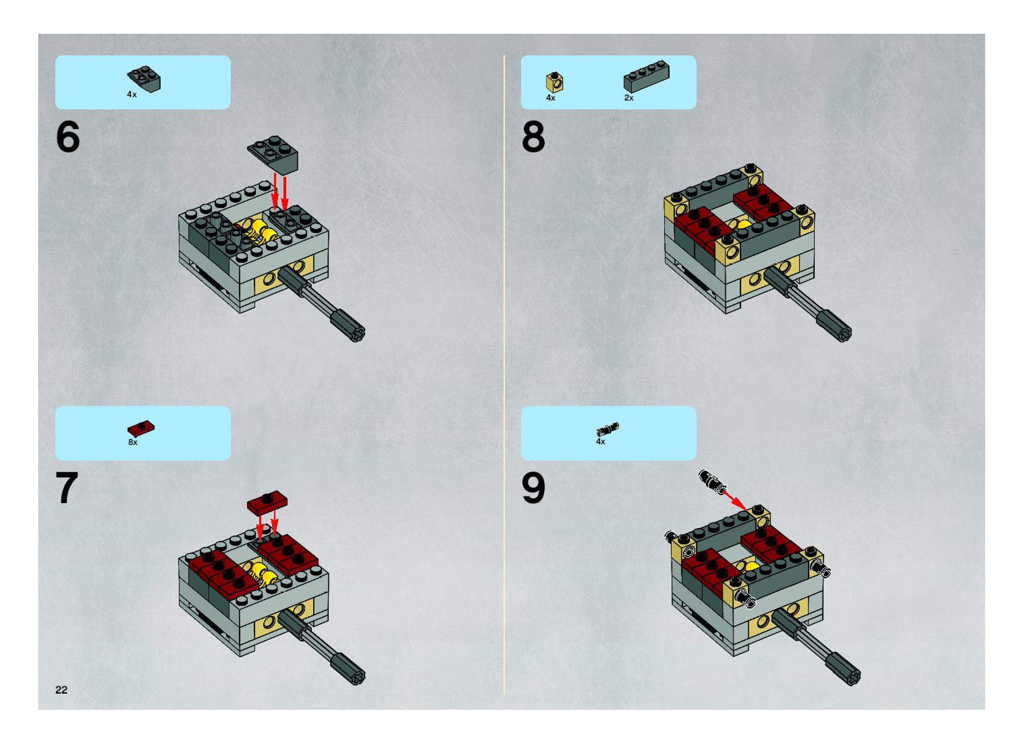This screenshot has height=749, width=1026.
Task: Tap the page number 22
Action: [61, 690]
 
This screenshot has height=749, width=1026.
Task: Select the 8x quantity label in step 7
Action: [133, 442]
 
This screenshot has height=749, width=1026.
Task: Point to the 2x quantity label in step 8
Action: [628, 98]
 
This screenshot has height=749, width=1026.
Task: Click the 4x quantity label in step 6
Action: [131, 94]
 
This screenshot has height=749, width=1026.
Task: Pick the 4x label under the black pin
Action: [600, 441]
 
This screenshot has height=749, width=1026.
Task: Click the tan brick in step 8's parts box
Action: [555, 82]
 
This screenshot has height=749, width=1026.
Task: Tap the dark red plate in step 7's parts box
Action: [141, 428]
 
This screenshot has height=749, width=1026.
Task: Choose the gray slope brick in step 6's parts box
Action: [144, 79]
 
